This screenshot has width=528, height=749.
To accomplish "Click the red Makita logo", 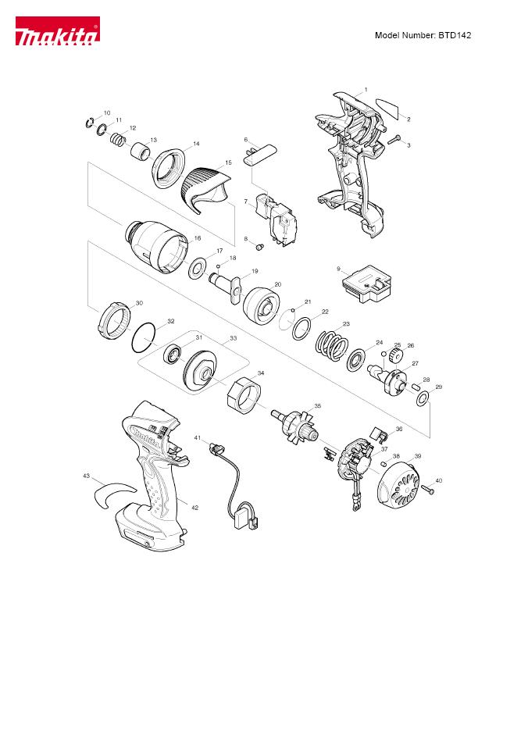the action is coord(57,31).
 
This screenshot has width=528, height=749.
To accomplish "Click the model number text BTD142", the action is coord(455,35).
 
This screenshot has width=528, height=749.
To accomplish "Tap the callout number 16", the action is coord(198,238).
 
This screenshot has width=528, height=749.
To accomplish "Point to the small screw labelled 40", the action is coord(428,489).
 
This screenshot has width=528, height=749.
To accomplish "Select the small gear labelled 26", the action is coord(397,356).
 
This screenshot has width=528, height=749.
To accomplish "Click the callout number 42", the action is coord(195,508).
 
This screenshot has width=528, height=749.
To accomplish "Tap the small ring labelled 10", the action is coord(88,123).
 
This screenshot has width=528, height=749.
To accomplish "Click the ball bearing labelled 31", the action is coord(172,355).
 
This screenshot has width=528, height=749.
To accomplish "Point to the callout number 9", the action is coord(339,269).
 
